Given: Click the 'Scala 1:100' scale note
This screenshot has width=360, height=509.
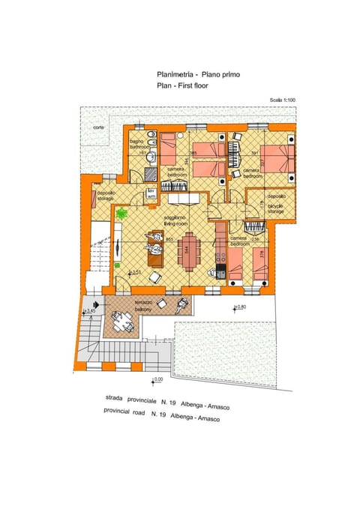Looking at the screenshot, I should click(x=283, y=100).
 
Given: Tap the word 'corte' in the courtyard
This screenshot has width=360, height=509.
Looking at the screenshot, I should click(x=99, y=127).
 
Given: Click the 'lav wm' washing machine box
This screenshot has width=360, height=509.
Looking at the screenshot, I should click(x=151, y=193).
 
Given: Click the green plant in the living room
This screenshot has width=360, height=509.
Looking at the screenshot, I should click(x=121, y=214).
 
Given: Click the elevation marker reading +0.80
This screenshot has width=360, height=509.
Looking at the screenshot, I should click(x=240, y=307).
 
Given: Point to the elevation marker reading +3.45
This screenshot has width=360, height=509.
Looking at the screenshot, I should click(x=91, y=310).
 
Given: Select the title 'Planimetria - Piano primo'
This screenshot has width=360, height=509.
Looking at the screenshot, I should click(x=199, y=74).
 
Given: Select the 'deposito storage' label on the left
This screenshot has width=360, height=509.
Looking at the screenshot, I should click(x=105, y=196).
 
